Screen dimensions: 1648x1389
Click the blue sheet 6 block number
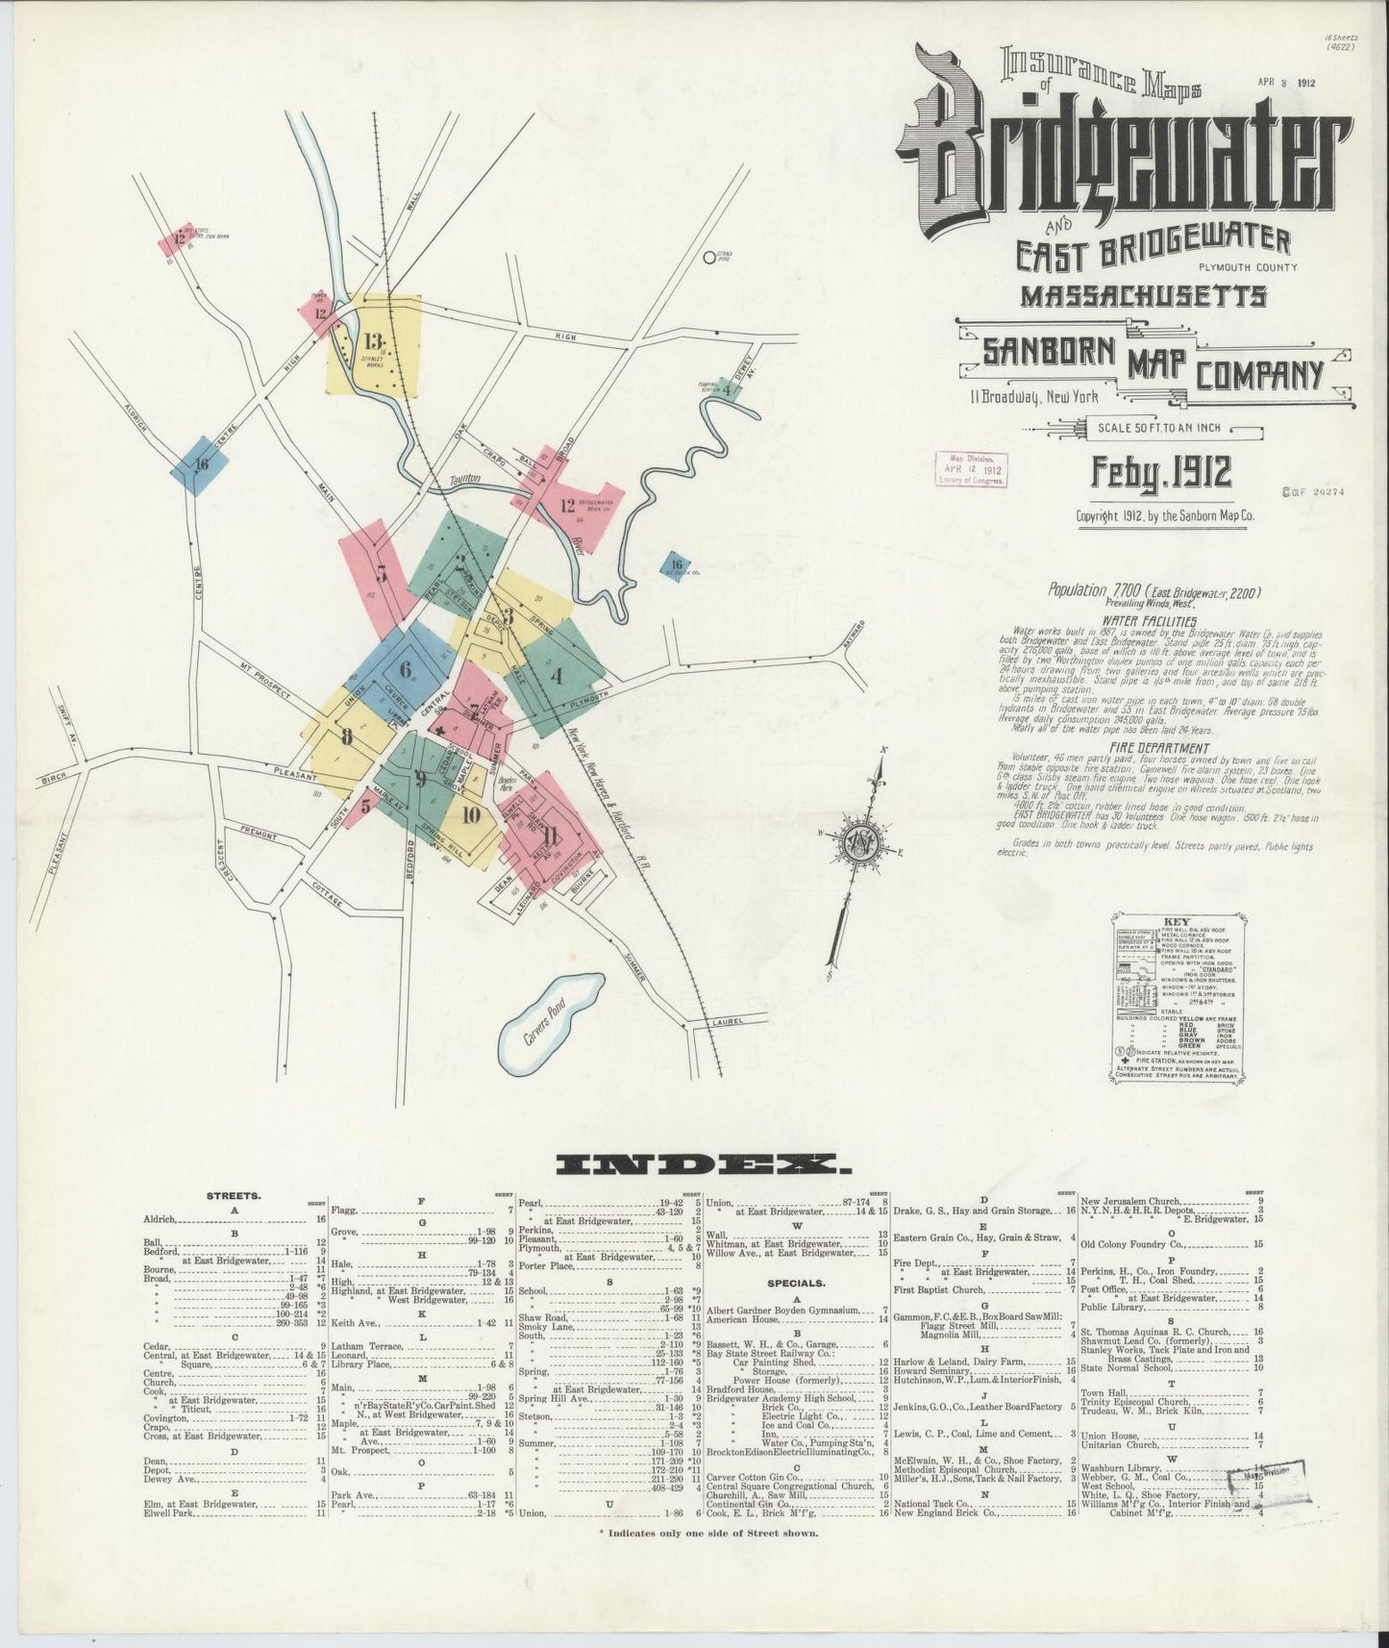[406, 670]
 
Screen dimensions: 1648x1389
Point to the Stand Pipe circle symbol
[709, 257]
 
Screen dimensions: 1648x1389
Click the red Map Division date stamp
[972, 470]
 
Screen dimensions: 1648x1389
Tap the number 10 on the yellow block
[470, 815]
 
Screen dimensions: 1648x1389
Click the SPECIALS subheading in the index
[796, 1283]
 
